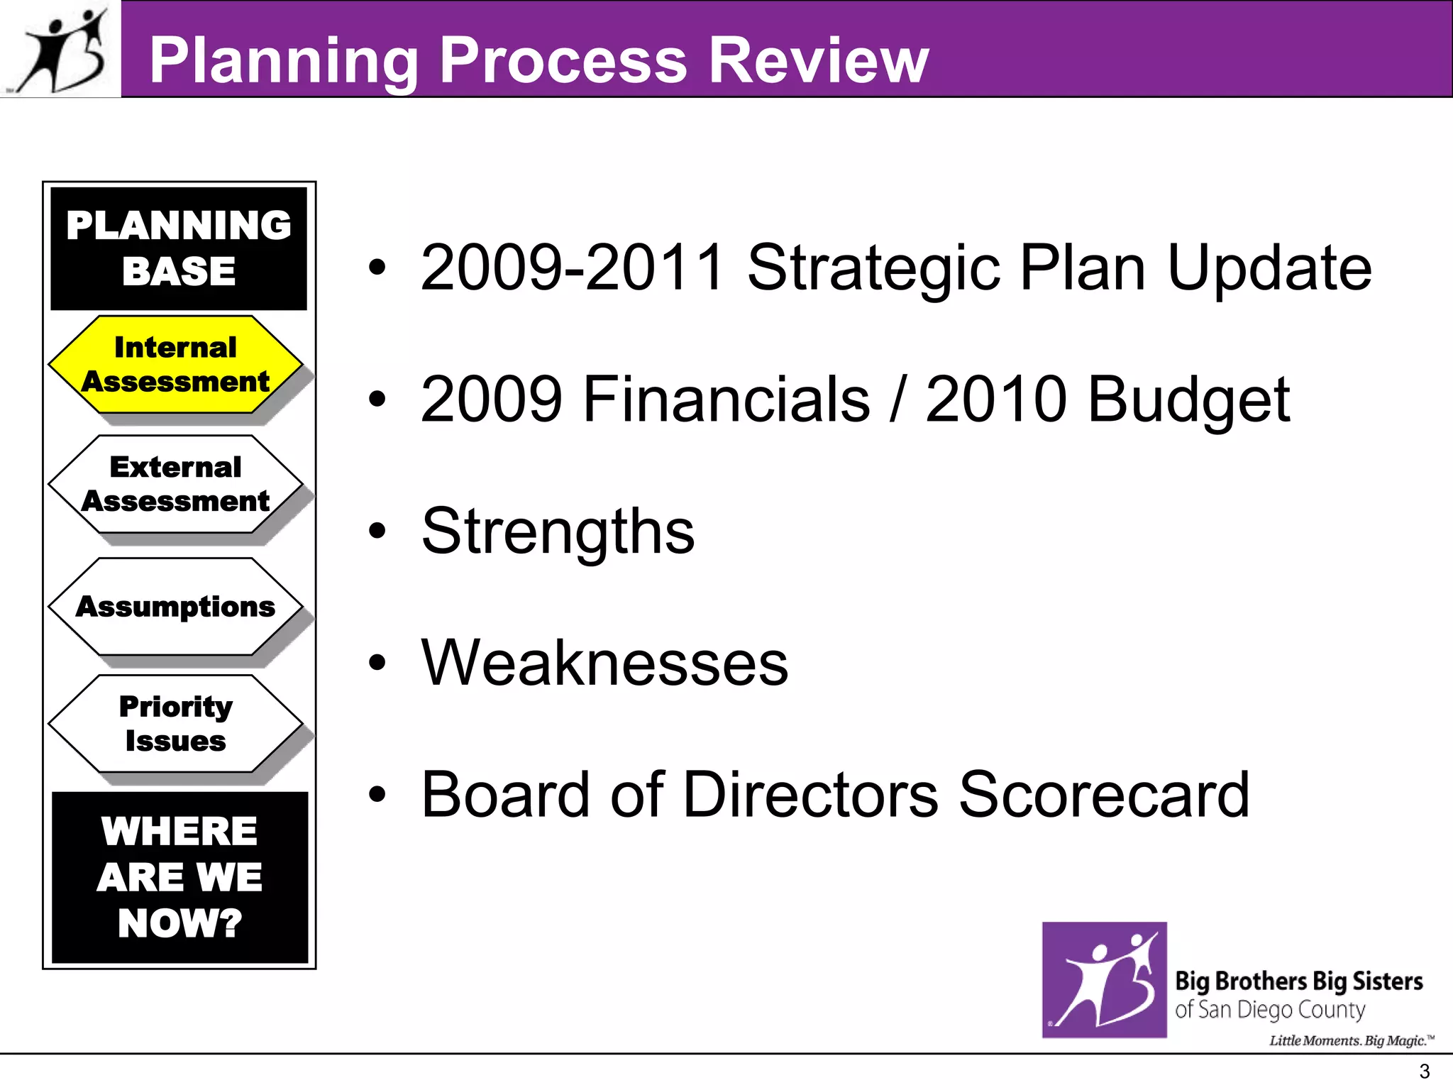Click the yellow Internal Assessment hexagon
(175, 365)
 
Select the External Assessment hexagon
(175, 484)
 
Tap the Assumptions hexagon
(175, 607)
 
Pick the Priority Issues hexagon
(175, 724)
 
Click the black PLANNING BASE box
(179, 248)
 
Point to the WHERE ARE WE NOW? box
(179, 877)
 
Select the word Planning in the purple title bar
(284, 62)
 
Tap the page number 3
(1423, 1072)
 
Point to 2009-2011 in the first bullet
(572, 268)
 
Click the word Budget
(1188, 400)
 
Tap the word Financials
(726, 400)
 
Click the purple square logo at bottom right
(1104, 979)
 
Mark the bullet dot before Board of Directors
(377, 795)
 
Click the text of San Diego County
(1270, 1010)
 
